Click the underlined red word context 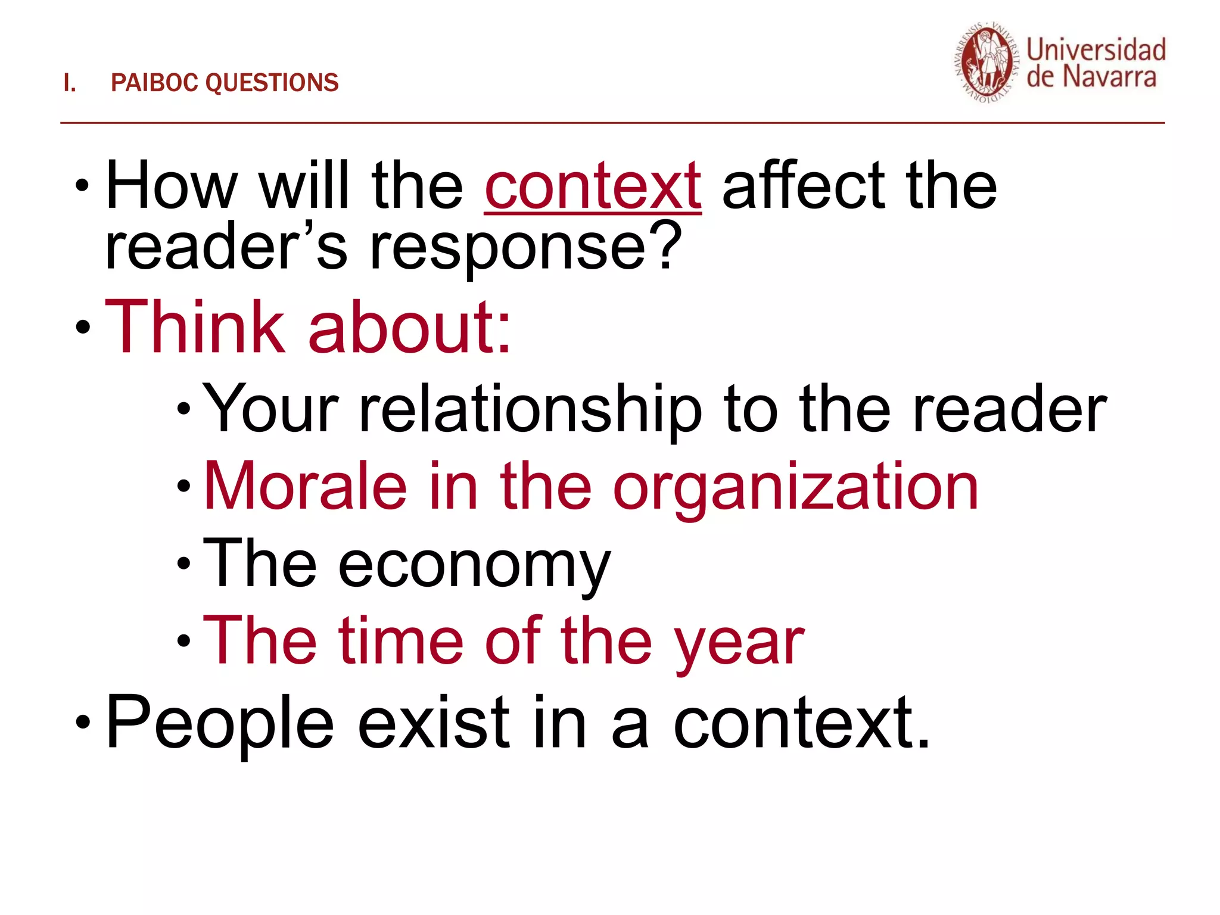(593, 187)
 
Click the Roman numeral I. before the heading (70, 83)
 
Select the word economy (474, 565)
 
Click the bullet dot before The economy (183, 563)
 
